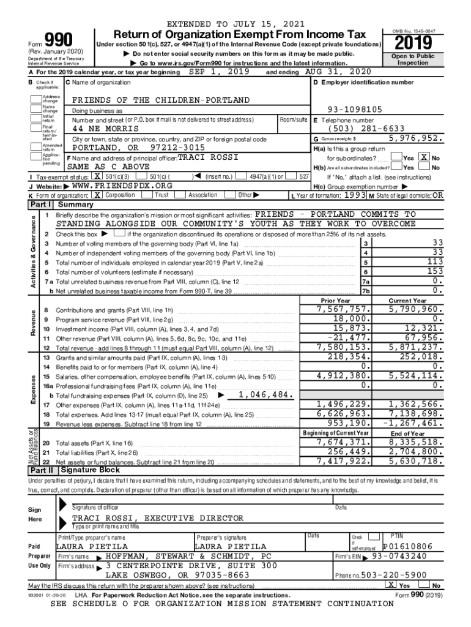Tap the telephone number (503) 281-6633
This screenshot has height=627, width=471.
click(358, 129)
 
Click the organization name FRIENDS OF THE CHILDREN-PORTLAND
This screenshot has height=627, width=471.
click(161, 100)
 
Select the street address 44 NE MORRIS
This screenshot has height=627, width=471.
click(105, 129)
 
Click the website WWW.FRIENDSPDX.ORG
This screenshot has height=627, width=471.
click(122, 185)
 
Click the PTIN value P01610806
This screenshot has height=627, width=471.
click(407, 546)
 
